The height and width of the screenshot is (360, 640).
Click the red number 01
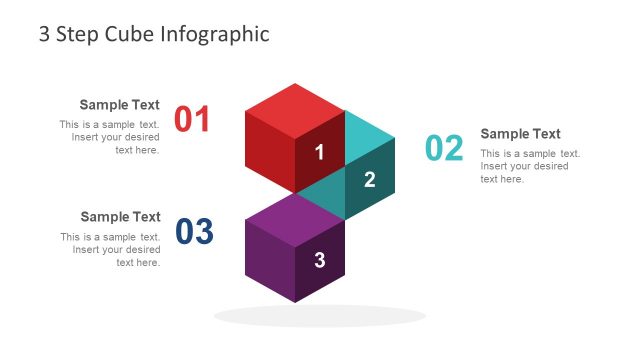[x=193, y=119]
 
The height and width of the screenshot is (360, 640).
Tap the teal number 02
[x=445, y=148]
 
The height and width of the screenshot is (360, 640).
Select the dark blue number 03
[x=195, y=232]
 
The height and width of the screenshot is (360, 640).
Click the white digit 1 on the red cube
[x=320, y=153]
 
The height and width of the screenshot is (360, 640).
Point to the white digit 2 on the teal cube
[x=369, y=180]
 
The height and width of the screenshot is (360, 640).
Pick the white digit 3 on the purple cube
[x=320, y=261]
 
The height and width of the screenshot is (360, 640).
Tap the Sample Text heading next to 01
[x=120, y=104]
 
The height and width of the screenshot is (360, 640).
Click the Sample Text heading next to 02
[x=520, y=134]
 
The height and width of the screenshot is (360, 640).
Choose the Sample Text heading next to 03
[x=120, y=216]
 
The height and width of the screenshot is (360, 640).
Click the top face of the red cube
[x=295, y=108]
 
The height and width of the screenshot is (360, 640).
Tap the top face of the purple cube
[x=294, y=216]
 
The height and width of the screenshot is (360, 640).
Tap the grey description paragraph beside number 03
[x=112, y=250]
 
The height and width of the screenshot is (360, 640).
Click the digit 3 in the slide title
[x=44, y=34]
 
